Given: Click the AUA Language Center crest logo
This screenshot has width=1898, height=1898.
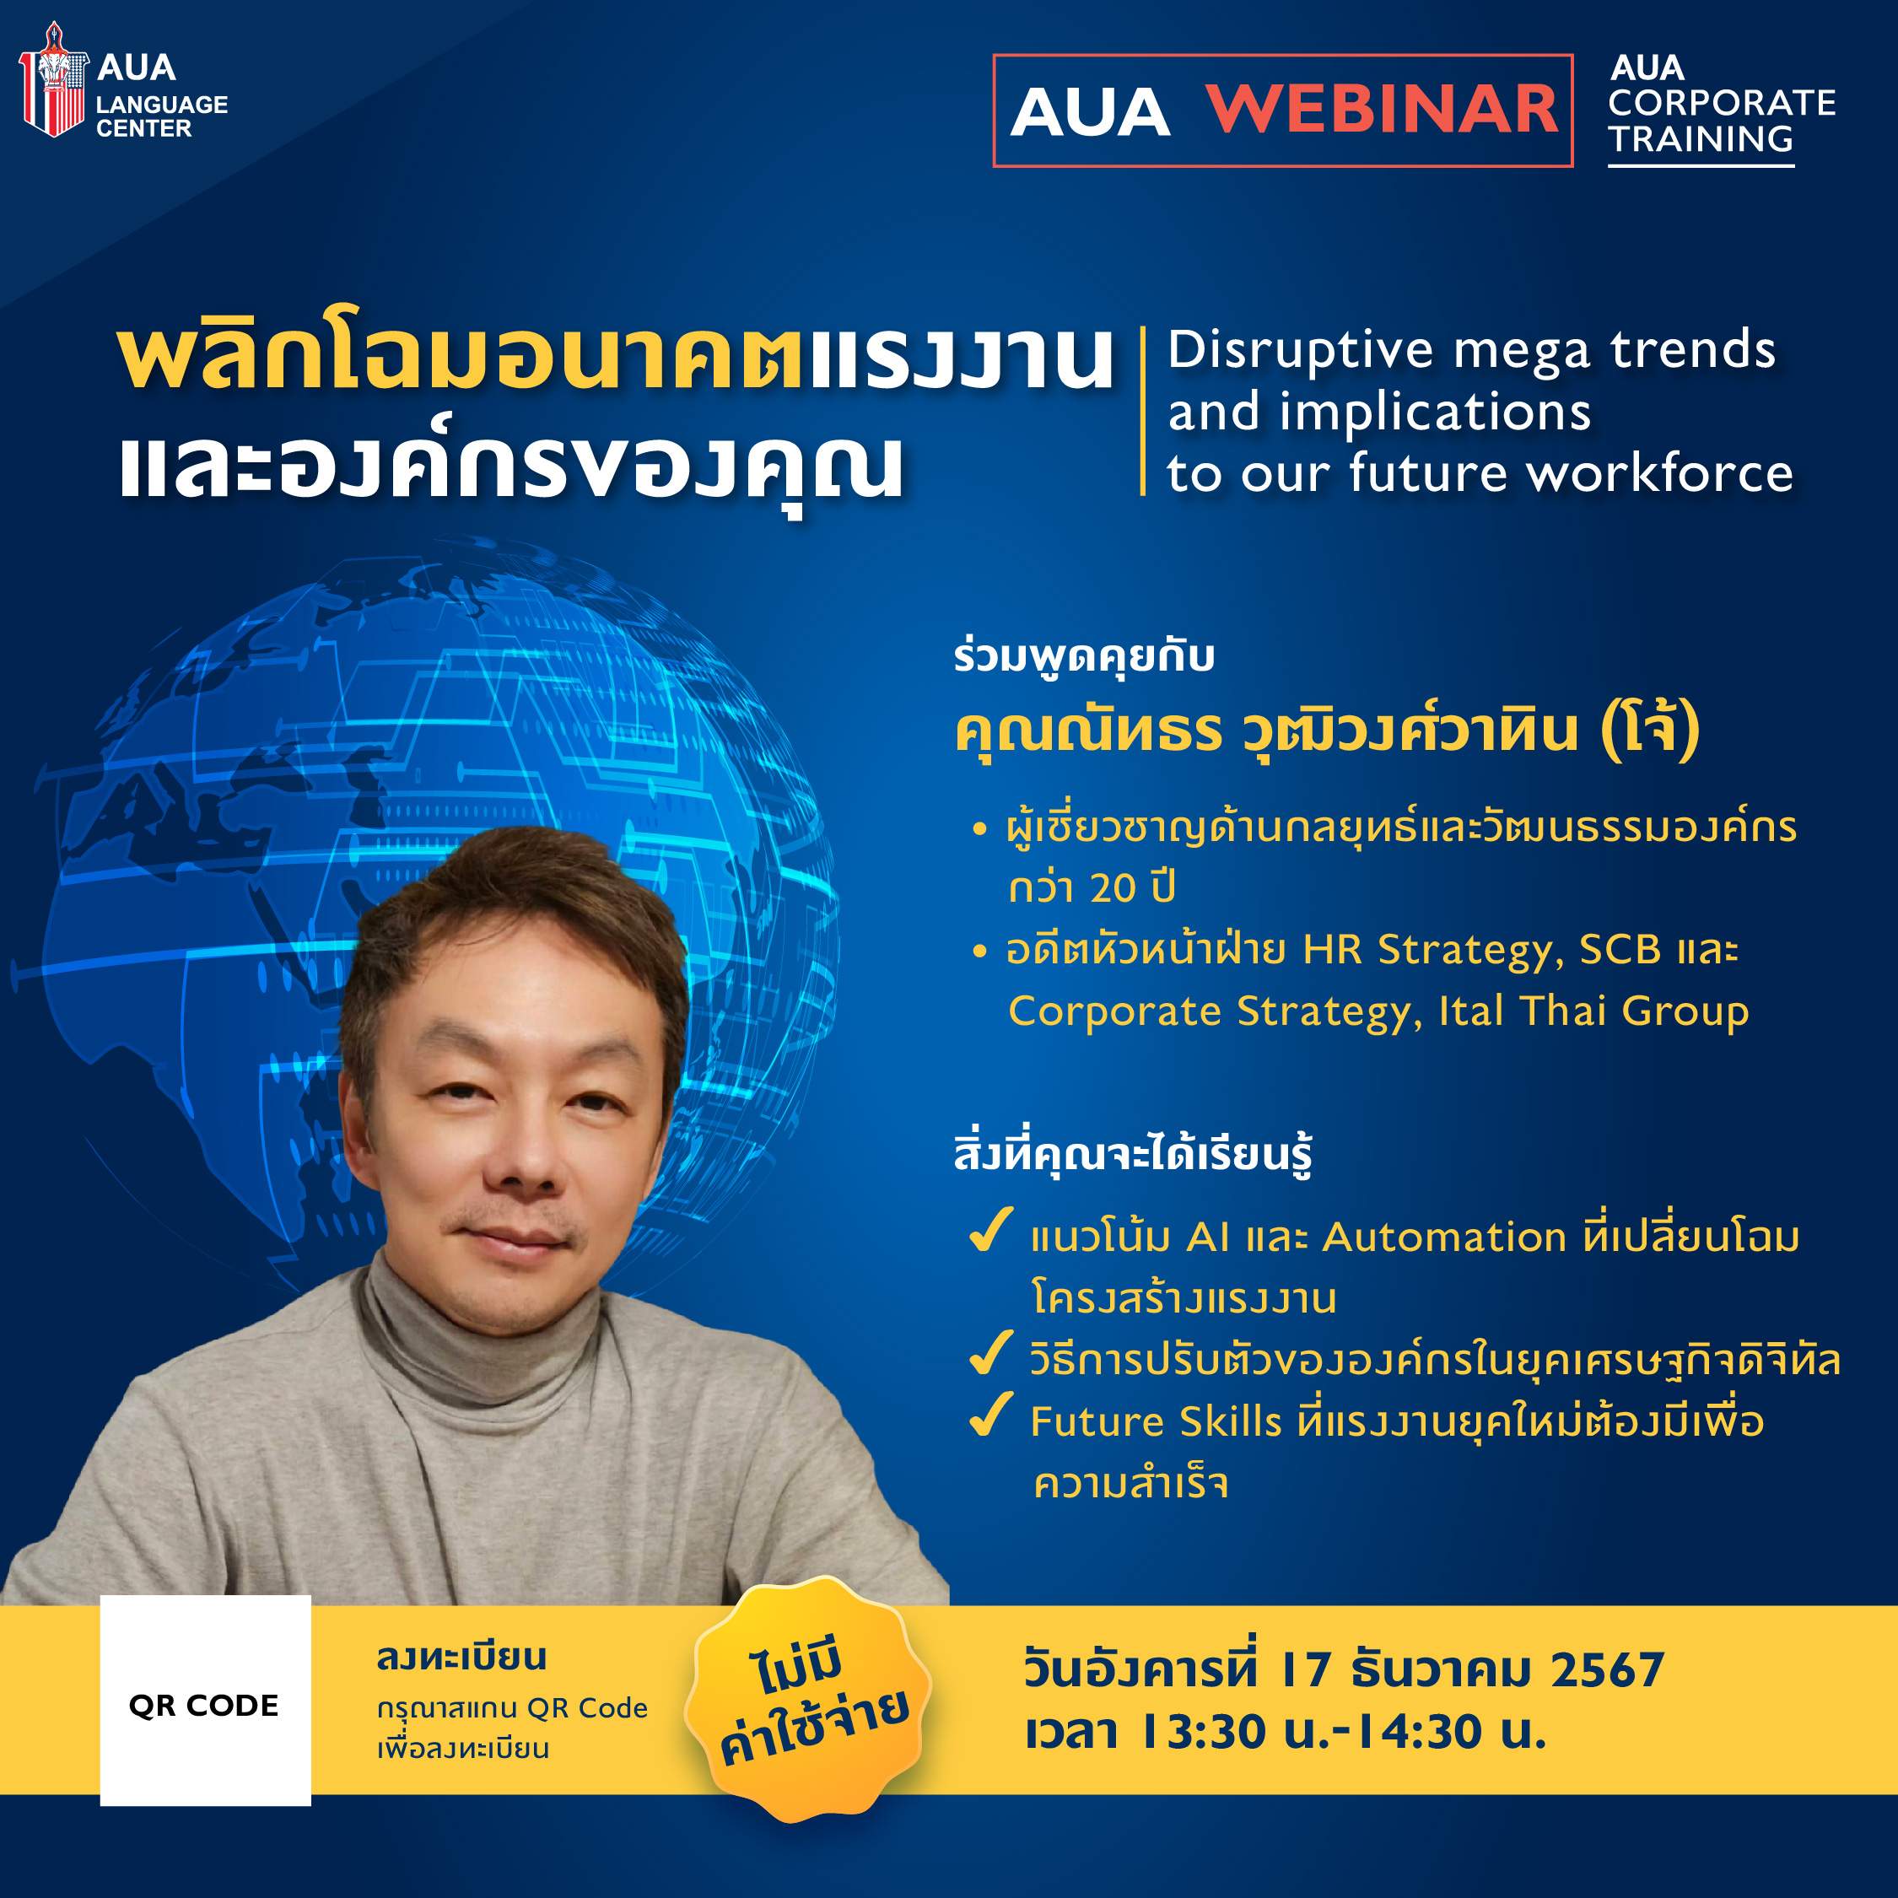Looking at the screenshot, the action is (53, 80).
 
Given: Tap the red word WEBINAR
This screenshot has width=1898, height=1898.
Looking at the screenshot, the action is (1381, 109).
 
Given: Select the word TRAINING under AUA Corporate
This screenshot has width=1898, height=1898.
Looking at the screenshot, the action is (1700, 139).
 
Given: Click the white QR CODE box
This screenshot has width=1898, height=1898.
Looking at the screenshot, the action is (205, 1701).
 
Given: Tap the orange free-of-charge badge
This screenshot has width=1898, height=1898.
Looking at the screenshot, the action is (808, 1700).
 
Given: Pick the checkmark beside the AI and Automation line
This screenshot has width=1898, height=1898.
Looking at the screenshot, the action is (990, 1231).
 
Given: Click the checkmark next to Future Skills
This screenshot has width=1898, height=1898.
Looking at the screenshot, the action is (990, 1415).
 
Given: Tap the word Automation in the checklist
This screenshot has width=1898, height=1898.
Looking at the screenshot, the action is (1444, 1237).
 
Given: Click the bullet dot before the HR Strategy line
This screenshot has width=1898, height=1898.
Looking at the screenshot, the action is (979, 951).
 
